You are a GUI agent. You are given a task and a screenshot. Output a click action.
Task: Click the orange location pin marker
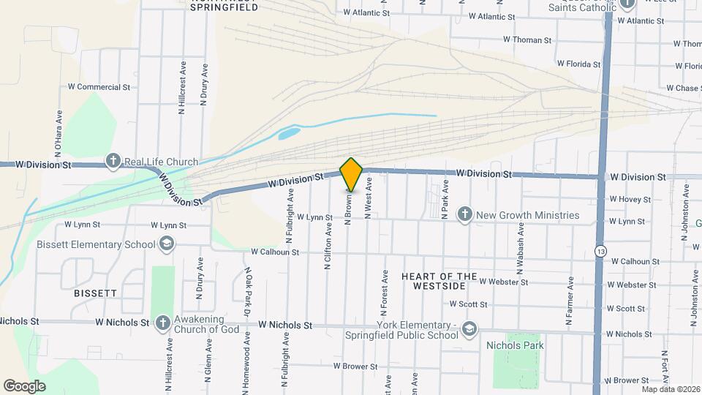[x=352, y=174]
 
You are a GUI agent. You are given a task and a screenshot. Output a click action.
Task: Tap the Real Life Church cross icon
[x=113, y=161]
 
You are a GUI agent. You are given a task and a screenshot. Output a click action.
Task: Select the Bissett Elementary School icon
[x=166, y=244]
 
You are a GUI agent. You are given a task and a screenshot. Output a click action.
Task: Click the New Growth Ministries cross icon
[x=464, y=215]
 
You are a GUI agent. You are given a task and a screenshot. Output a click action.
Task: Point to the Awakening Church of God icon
[x=163, y=323]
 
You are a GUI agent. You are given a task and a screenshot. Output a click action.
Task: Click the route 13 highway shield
[x=600, y=250]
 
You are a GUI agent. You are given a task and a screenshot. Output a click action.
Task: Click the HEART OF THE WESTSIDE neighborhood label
[x=439, y=281]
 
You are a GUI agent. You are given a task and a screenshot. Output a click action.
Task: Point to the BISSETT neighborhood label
[x=95, y=293]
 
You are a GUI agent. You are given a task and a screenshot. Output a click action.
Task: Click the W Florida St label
[x=578, y=64]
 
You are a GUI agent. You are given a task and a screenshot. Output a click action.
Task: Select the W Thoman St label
[x=522, y=39]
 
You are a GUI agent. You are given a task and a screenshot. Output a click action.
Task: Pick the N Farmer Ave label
[x=569, y=305]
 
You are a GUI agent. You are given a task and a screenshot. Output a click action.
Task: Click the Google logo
[x=25, y=385]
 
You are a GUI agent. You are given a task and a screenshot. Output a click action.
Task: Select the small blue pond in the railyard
[x=288, y=134]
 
